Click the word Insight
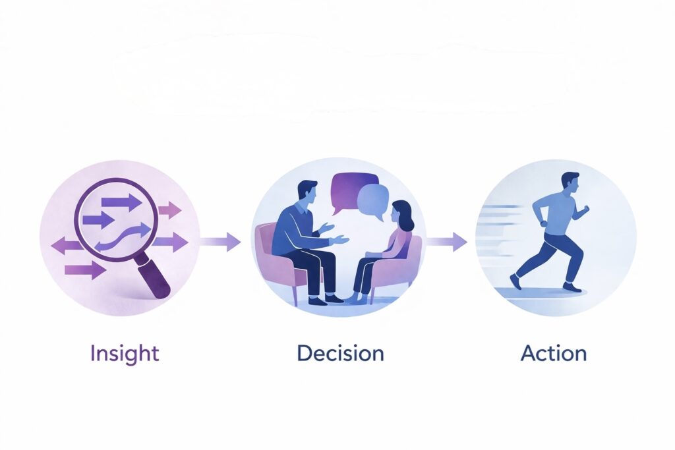[125, 354]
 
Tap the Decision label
[340, 352]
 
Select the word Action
[554, 352]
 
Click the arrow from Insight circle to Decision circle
[220, 241]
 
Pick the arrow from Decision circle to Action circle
[446, 241]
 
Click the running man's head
[571, 183]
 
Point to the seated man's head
[307, 192]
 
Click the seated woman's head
[402, 214]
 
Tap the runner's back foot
[514, 281]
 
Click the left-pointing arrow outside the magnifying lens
[65, 246]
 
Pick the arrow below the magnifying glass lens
[85, 270]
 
